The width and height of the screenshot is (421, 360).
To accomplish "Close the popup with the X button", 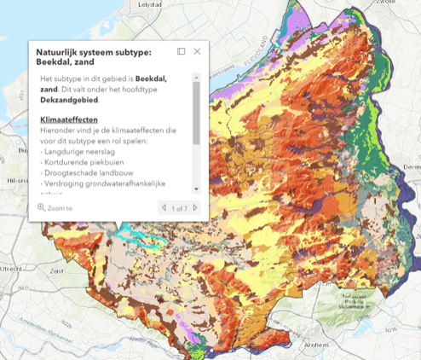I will pyautogui.click(x=198, y=51).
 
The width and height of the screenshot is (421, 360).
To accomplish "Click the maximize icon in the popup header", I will pyautogui.click(x=182, y=51).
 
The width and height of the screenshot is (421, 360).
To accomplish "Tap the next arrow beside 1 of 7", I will pyautogui.click(x=195, y=207).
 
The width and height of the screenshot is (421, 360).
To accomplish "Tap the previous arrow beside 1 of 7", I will pyautogui.click(x=163, y=207).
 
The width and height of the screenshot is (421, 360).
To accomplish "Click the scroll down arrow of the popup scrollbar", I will pyautogui.click(x=196, y=189).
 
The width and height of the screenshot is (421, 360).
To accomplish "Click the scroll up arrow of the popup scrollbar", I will pyautogui.click(x=196, y=78).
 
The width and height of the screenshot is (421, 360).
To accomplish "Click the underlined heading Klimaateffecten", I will pyautogui.click(x=68, y=119).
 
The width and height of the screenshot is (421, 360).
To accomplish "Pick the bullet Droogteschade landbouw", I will pyautogui.click(x=85, y=171).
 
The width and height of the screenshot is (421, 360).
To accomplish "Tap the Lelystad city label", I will pyautogui.click(x=150, y=5).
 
